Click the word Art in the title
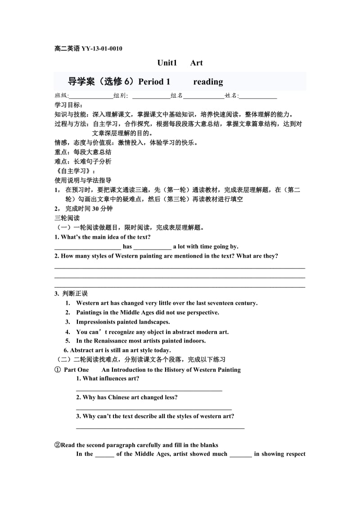197,63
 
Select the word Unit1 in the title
168,63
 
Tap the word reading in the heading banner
208,82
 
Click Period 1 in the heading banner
154,82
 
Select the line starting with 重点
83,152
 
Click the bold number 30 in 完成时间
91,209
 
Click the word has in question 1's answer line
127,246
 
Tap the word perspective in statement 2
201,313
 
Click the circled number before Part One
58,370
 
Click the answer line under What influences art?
149,390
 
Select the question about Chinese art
126,397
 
